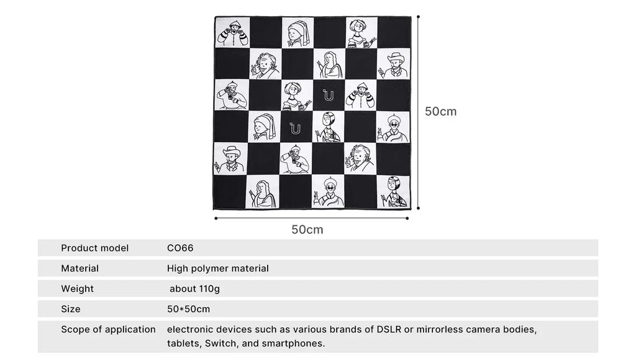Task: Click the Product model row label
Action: (x=94, y=248)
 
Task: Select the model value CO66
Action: (x=180, y=248)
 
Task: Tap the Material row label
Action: (x=79, y=269)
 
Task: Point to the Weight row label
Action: (x=77, y=289)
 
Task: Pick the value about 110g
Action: (x=194, y=289)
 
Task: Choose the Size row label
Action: (x=70, y=309)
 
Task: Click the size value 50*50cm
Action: (x=188, y=309)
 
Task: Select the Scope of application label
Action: (x=108, y=330)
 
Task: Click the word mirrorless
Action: (x=447, y=330)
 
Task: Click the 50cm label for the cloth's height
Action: (x=440, y=112)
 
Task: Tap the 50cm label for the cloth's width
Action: (x=307, y=230)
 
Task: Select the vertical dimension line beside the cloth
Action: (x=417, y=112)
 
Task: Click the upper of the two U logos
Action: (x=328, y=95)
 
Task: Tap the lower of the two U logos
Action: (x=295, y=128)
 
